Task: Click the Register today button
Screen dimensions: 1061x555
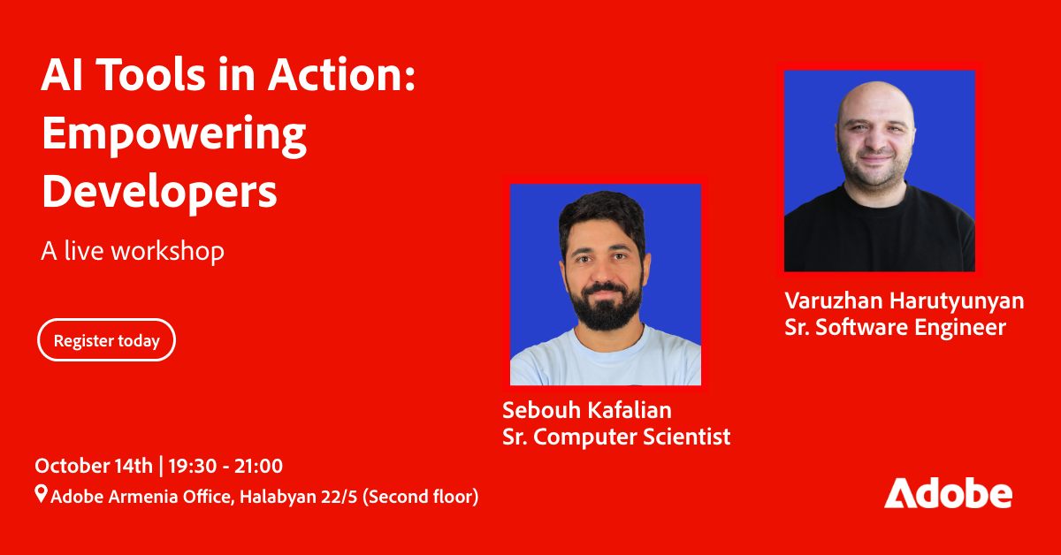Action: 107,340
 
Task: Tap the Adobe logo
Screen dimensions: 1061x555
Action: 948,493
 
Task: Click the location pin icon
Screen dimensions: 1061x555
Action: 42,494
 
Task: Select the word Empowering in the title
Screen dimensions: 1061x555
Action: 174,135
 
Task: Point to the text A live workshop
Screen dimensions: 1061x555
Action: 133,251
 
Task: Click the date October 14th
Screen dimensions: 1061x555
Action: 94,466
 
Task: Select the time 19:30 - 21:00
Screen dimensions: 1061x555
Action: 225,466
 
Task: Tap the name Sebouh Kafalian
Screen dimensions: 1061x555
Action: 587,410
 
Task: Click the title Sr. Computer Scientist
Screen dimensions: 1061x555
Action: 616,437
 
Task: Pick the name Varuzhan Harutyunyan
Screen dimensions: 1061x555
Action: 905,301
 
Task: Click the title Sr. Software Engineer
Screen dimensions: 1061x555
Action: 895,327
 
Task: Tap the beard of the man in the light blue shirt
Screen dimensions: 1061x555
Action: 606,308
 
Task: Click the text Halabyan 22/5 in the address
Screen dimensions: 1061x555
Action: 299,497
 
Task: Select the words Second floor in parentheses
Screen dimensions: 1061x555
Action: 421,497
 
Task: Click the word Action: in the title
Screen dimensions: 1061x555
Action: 341,75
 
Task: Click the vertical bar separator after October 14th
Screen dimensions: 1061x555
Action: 161,466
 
